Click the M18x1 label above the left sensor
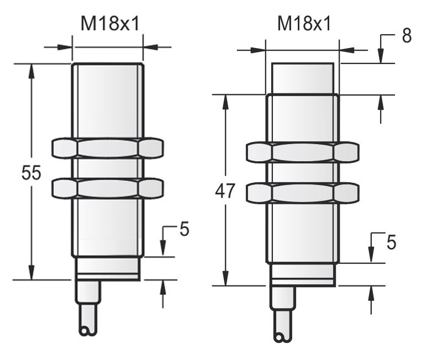pyautogui.click(x=110, y=23)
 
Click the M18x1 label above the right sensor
pyautogui.click(x=304, y=23)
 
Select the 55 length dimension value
pyautogui.click(x=31, y=172)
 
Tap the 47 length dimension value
pyautogui.click(x=225, y=191)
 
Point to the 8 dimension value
pyautogui.click(x=407, y=36)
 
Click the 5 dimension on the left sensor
pyautogui.click(x=184, y=229)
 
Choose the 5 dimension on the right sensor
pyautogui.click(x=391, y=242)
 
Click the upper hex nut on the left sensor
pyautogui.click(x=108, y=148)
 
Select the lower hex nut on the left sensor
pyautogui.click(x=108, y=188)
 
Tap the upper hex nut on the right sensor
pyautogui.click(x=302, y=152)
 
